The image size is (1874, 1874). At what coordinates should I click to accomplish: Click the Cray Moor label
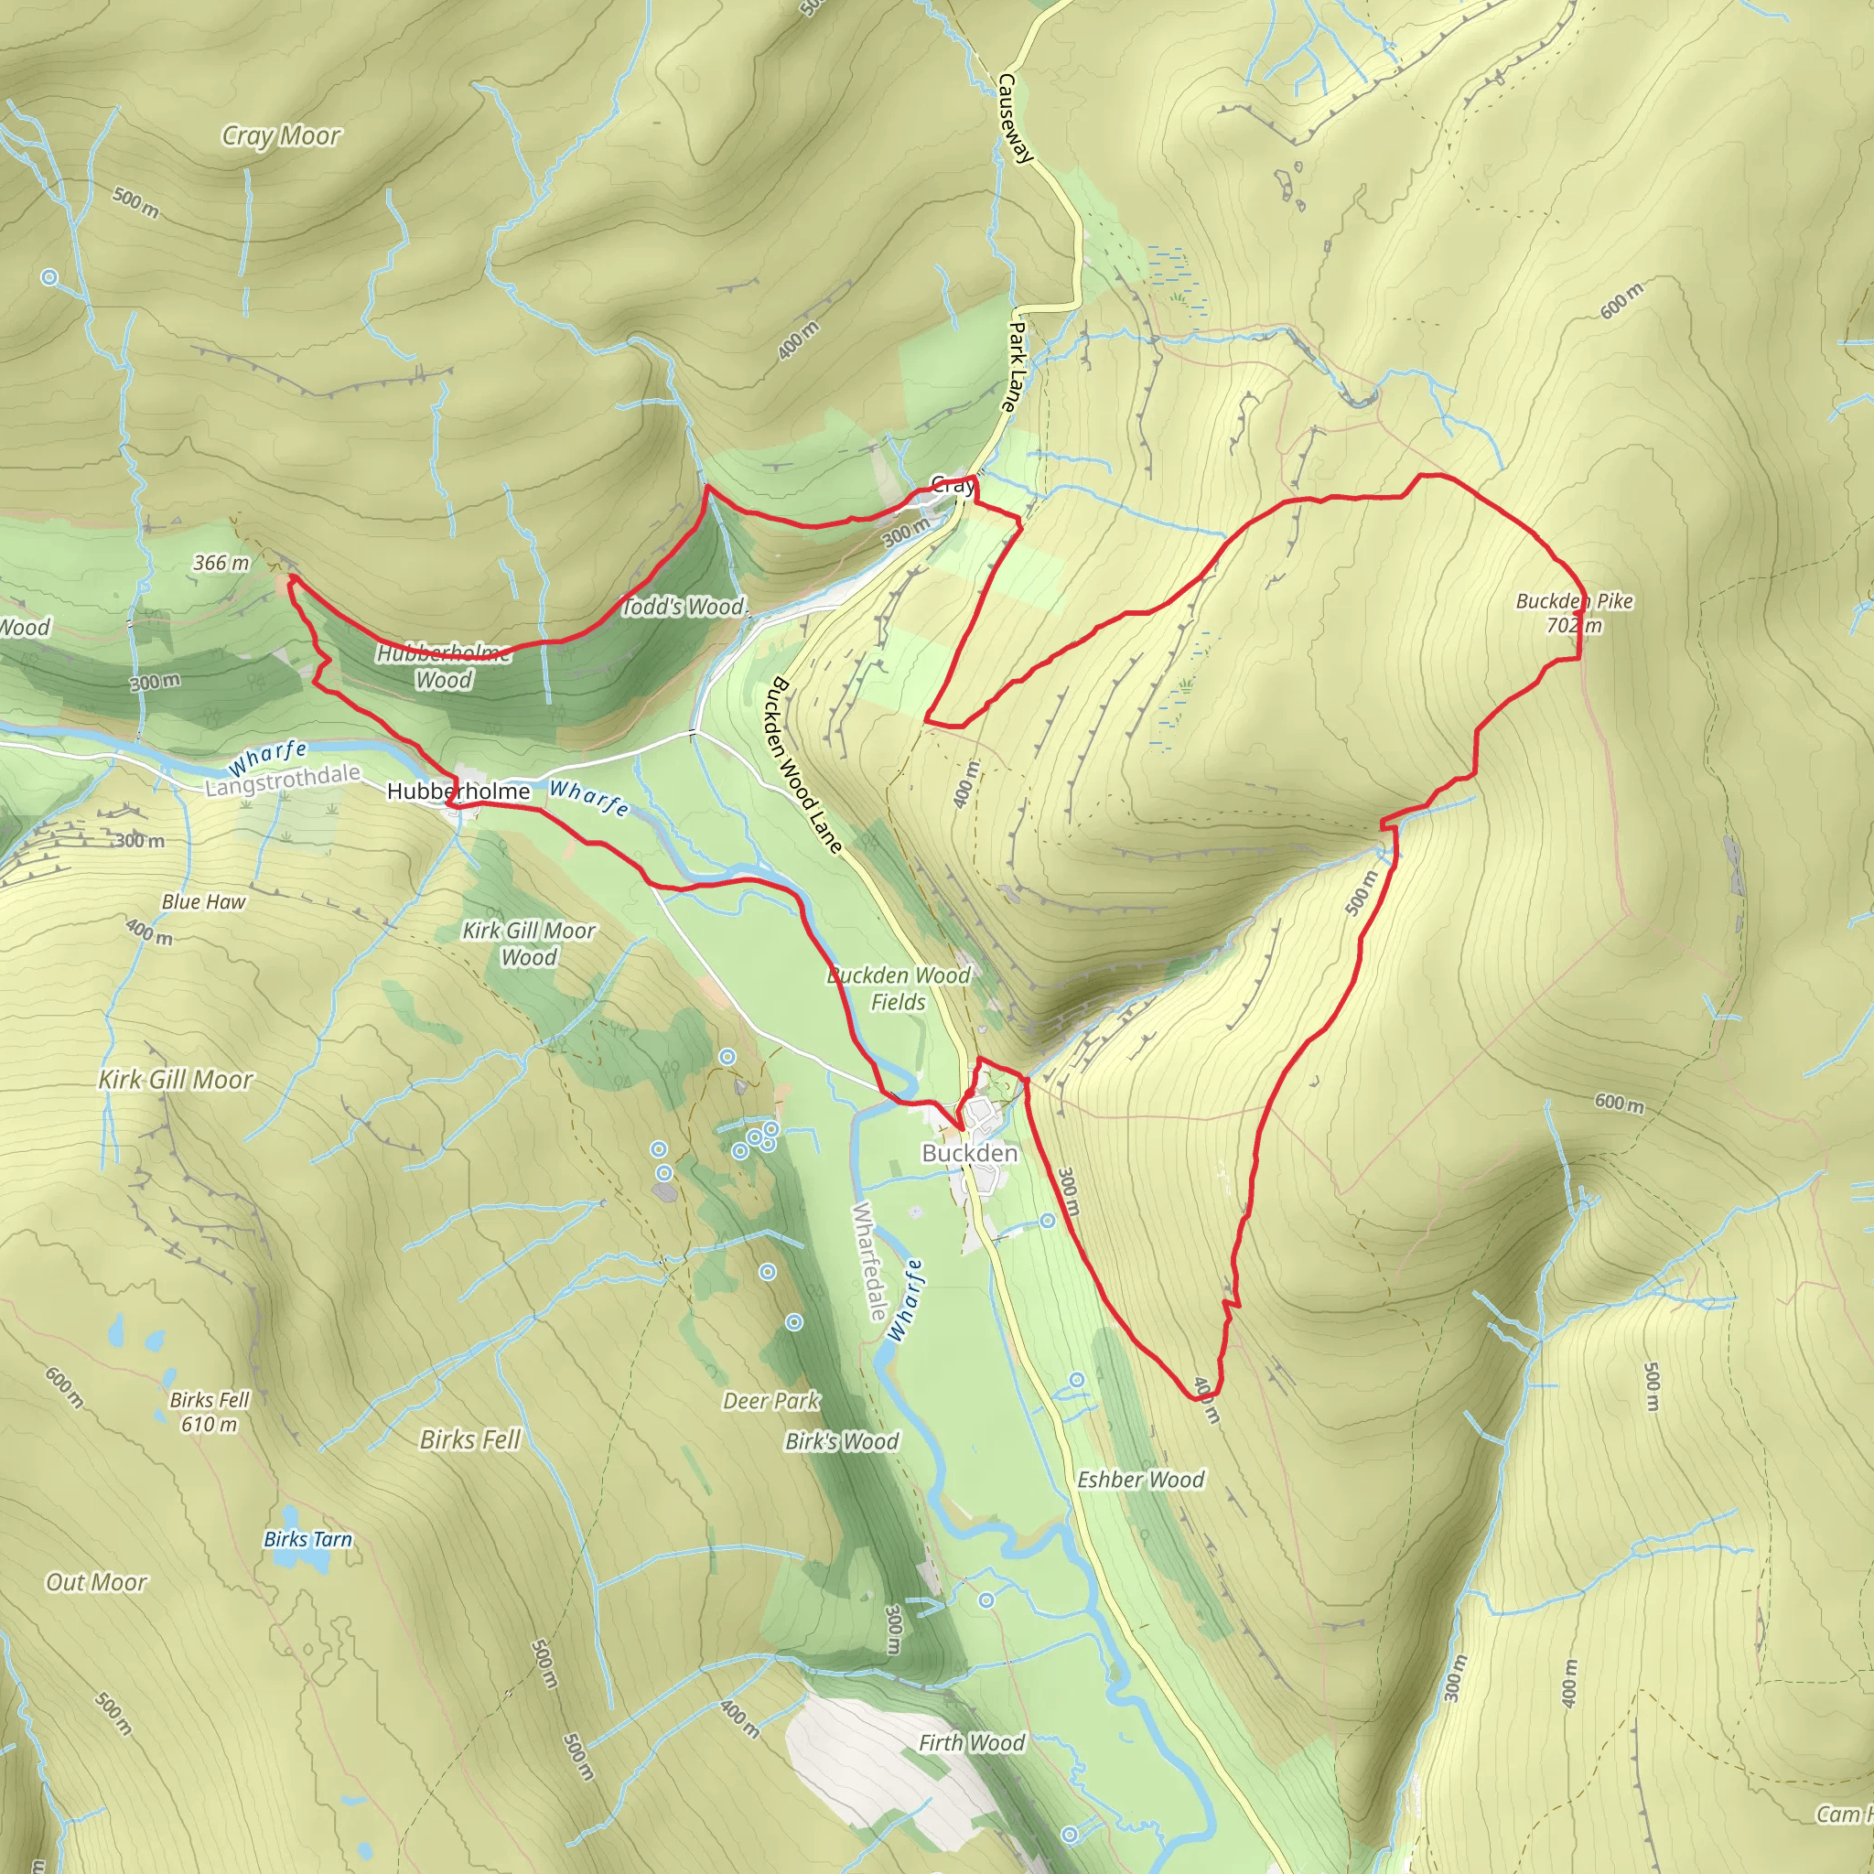coord(280,135)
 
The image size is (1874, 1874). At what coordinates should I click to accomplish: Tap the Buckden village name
coord(969,1153)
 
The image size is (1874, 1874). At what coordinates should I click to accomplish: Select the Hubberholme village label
coord(458,792)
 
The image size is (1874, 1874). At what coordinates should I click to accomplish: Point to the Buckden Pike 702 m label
coord(1573,613)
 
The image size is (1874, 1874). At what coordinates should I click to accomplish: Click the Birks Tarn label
coord(307,1539)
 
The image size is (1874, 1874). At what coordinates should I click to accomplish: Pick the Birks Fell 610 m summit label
coord(210,1412)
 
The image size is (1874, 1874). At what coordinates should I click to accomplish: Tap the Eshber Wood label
coord(1141,1480)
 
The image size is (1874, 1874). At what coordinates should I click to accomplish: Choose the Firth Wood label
coord(971,1743)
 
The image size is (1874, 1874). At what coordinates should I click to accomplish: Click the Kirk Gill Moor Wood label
coord(529,943)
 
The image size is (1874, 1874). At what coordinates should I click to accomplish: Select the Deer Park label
coord(771,1401)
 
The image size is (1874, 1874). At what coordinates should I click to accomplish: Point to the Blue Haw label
coord(204,902)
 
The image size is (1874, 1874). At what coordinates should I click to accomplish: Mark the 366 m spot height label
coord(221,563)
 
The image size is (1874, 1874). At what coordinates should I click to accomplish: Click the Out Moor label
coord(96,1582)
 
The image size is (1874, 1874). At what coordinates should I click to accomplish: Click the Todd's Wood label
coord(684,608)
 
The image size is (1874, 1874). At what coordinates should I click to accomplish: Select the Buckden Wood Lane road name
coord(806,765)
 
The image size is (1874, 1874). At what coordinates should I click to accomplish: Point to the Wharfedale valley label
coord(869,1261)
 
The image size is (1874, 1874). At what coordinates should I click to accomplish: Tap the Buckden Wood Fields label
coord(899,988)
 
